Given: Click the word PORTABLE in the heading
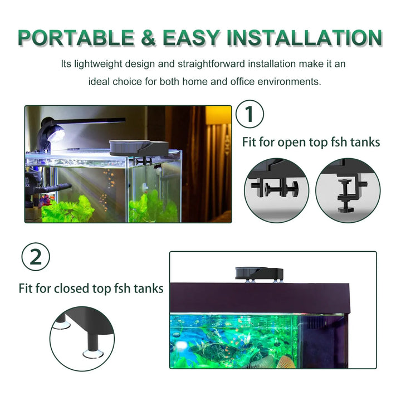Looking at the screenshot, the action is pyautogui.click(x=76, y=38).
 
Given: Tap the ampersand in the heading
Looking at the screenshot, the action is pyautogui.click(x=148, y=38).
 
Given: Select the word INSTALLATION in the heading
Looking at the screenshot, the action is pyautogui.click(x=305, y=38).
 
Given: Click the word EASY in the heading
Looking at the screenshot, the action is pyautogui.click(x=191, y=38).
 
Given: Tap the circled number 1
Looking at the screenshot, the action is pyautogui.click(x=250, y=114).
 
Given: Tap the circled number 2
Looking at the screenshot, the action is pyautogui.click(x=36, y=257).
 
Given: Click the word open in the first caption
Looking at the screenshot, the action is pyautogui.click(x=292, y=143).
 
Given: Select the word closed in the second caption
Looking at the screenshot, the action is pyautogui.click(x=71, y=288).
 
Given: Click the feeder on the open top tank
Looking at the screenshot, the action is pyautogui.click(x=139, y=148).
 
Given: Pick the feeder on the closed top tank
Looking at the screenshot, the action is pyautogui.click(x=259, y=273).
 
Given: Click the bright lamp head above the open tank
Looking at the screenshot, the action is pyautogui.click(x=55, y=135).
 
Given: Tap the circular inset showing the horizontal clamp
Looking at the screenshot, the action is pyautogui.click(x=276, y=190).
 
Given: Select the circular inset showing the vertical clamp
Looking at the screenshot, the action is pyautogui.click(x=348, y=190).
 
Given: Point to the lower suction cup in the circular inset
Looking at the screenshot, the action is pyautogui.click(x=93, y=354).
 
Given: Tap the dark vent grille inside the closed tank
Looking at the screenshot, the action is pyautogui.click(x=316, y=323).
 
